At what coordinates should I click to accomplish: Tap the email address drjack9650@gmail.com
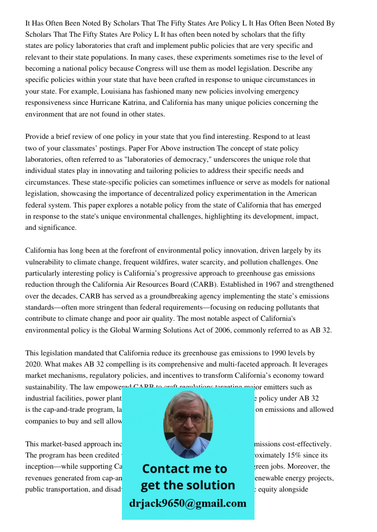click(x=188, y=503)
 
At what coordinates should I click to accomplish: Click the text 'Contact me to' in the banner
click(x=184, y=469)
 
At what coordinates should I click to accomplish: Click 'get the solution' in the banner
click(x=187, y=485)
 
